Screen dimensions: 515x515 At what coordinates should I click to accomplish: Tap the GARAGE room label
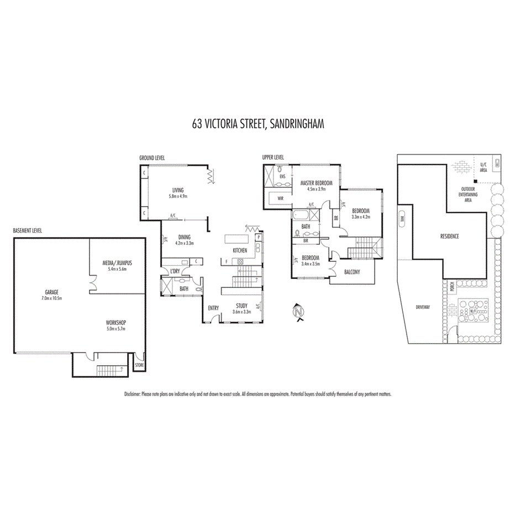(52, 292)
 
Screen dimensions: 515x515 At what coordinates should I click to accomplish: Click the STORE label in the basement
(139, 365)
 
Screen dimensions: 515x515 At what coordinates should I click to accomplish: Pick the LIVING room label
(178, 191)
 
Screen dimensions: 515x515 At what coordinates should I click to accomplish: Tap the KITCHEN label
(240, 251)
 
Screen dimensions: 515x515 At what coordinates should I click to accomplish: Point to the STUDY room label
(242, 305)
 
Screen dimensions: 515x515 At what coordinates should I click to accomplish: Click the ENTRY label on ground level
(213, 308)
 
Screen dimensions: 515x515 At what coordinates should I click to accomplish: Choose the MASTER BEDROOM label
(317, 183)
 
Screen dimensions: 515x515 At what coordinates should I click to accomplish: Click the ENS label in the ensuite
(282, 176)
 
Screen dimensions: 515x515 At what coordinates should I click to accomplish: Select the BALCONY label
(352, 272)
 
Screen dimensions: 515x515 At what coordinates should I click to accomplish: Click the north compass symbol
(298, 313)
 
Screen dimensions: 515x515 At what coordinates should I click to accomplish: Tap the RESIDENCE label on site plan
(449, 236)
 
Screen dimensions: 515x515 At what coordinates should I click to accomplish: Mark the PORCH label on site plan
(452, 286)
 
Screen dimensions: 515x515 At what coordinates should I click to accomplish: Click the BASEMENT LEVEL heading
(28, 230)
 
